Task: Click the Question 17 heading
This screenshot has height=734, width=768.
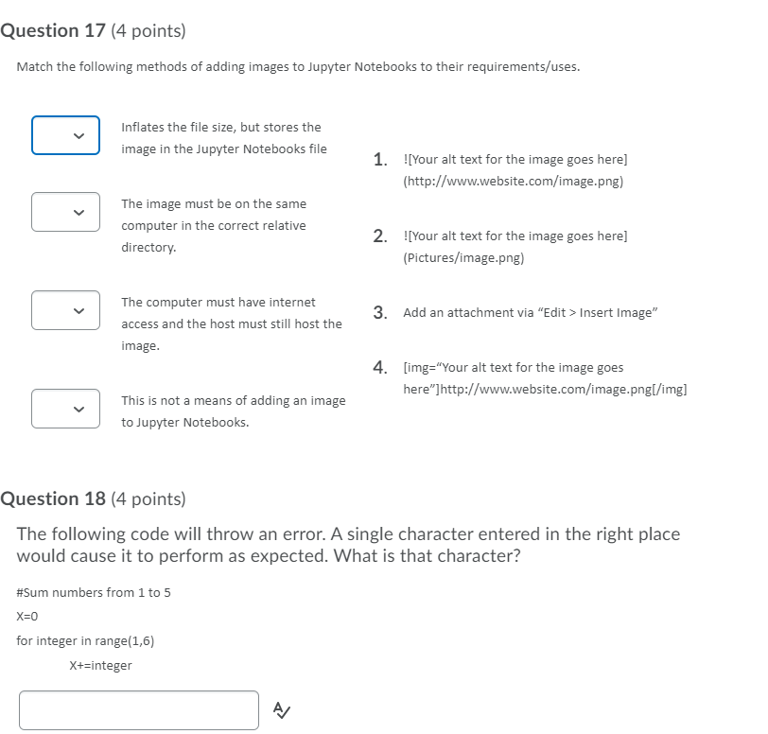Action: (x=93, y=31)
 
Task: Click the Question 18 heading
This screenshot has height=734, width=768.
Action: (x=93, y=499)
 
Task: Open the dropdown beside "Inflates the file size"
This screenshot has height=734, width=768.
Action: (x=65, y=135)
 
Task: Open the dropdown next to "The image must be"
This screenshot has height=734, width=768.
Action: (x=65, y=212)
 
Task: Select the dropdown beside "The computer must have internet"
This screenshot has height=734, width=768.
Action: (x=65, y=310)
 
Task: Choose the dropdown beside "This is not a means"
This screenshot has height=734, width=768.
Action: (x=65, y=409)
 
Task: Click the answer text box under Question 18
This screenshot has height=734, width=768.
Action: (x=138, y=709)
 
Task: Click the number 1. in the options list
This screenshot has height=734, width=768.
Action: (x=379, y=160)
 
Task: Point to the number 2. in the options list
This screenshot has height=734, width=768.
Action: (x=379, y=236)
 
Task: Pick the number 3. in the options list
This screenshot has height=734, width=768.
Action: (x=379, y=312)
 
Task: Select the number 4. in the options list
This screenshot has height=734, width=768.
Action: (x=379, y=367)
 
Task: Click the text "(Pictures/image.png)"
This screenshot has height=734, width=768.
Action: (x=463, y=257)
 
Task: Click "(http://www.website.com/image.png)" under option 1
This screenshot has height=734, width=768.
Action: (x=513, y=181)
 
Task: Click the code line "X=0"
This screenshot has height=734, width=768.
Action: (x=27, y=617)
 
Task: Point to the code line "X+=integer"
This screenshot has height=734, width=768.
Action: (x=100, y=665)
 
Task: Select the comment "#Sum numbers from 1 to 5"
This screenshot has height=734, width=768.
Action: (x=94, y=593)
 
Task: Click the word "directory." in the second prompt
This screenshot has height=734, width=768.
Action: (x=148, y=248)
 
